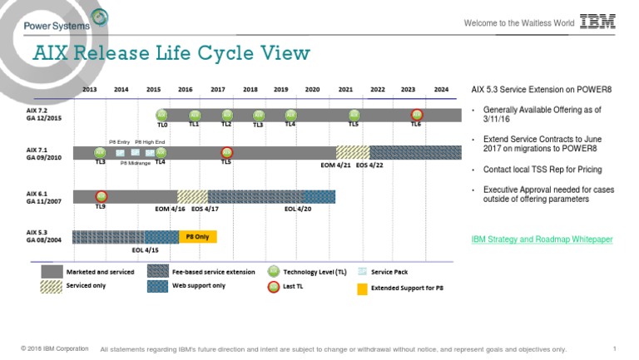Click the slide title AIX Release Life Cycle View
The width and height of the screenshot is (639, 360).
pyautogui.click(x=171, y=54)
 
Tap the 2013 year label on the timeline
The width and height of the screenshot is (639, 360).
pyautogui.click(x=90, y=89)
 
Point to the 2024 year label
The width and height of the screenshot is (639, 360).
pyautogui.click(x=440, y=89)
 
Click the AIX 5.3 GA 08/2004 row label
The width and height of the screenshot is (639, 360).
pyautogui.click(x=43, y=236)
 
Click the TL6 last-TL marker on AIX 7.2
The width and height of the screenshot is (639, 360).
pyautogui.click(x=417, y=115)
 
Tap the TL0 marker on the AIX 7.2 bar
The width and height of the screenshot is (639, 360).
pyautogui.click(x=162, y=115)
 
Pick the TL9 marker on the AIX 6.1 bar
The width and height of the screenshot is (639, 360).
pyautogui.click(x=101, y=196)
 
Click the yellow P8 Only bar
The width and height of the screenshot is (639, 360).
pyautogui.click(x=197, y=236)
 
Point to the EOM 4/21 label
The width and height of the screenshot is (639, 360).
pyautogui.click(x=335, y=165)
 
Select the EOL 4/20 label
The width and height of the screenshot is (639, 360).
pyautogui.click(x=297, y=209)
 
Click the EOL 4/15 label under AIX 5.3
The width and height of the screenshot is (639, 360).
pyautogui.click(x=145, y=249)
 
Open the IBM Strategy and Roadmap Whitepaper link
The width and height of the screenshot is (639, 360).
pyautogui.click(x=542, y=239)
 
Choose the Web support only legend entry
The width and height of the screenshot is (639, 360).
pyautogui.click(x=198, y=285)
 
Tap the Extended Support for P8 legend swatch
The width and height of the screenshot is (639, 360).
pyautogui.click(x=362, y=288)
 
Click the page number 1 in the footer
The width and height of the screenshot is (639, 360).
pyautogui.click(x=613, y=348)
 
